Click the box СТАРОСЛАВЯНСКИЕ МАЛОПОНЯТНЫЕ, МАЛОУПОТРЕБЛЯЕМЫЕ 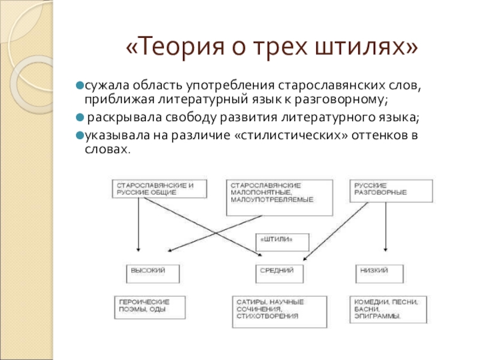[x=280, y=197]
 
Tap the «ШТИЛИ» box [x=283, y=242]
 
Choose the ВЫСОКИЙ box [x=153, y=274]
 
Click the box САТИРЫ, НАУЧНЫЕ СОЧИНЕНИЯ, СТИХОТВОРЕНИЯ [x=280, y=311]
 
